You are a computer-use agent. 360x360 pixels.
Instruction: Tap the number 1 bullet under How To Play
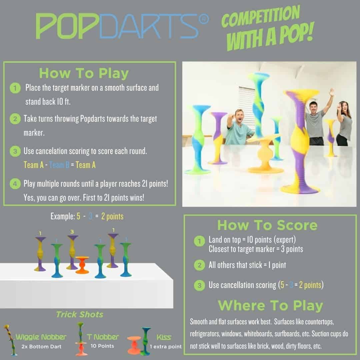pyautogui.click(x=15, y=88)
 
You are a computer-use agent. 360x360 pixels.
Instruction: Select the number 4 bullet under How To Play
pyautogui.click(x=15, y=184)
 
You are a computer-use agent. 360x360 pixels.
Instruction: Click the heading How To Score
pyautogui.click(x=267, y=225)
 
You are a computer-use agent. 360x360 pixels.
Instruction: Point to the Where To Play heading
pyautogui.click(x=270, y=306)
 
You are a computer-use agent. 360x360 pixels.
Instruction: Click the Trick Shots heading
pyautogui.click(x=80, y=315)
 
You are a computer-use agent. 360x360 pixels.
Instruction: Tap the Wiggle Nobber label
pyautogui.click(x=41, y=337)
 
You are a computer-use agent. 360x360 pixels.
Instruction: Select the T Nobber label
pyautogui.click(x=103, y=337)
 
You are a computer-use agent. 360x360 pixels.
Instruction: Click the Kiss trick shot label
pyautogui.click(x=164, y=337)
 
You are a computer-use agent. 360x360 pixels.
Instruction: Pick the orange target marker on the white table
pyautogui.click(x=82, y=265)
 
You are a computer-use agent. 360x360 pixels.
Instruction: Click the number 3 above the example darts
pyautogui.click(x=72, y=232)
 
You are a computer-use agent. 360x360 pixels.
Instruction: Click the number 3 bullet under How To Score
pyautogui.click(x=199, y=285)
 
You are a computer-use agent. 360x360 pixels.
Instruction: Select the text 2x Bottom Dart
pyautogui.click(x=41, y=347)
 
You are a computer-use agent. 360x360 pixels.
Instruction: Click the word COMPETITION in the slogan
pyautogui.click(x=261, y=17)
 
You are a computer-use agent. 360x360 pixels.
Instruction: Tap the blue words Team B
pyautogui.click(x=59, y=165)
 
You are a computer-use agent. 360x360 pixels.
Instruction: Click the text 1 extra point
pyautogui.click(x=166, y=346)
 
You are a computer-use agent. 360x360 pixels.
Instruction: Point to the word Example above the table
pyautogui.click(x=63, y=216)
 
